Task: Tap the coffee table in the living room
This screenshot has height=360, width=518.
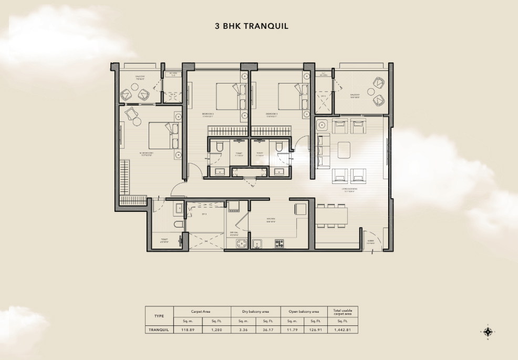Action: [345, 150]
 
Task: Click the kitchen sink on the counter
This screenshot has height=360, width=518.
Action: [257, 243]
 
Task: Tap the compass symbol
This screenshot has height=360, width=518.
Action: [489, 332]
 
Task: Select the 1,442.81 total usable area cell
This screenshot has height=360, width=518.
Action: [343, 330]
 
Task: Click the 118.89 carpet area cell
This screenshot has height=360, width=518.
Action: [189, 330]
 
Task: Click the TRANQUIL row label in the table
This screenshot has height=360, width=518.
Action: [159, 330]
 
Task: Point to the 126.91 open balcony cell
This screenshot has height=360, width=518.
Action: [315, 330]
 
